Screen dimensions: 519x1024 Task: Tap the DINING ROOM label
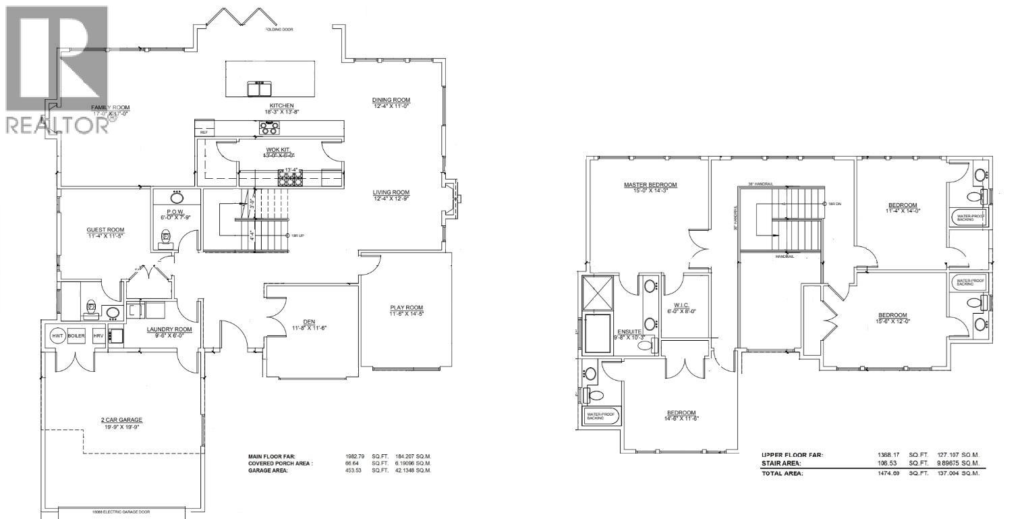(x=391, y=100)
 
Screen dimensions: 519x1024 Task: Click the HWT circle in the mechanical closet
(x=57, y=336)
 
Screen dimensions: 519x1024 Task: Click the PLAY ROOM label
(x=405, y=308)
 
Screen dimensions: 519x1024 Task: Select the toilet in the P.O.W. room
(x=166, y=237)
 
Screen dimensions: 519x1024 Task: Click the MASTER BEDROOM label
(x=650, y=185)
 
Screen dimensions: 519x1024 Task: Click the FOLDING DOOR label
(x=279, y=30)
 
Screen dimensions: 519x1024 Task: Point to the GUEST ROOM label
(x=105, y=230)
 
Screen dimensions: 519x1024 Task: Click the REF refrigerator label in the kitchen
(x=203, y=132)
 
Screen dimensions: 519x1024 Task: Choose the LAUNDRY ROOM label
(x=169, y=329)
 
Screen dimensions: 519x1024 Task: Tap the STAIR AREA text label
(x=781, y=464)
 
